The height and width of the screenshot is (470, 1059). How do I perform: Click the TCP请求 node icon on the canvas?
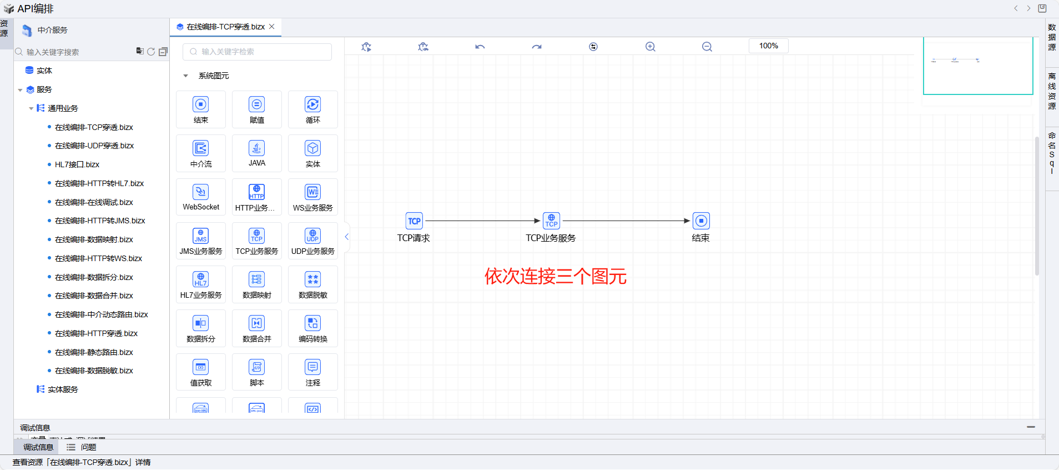point(414,221)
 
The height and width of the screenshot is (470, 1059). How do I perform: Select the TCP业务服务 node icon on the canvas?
point(551,221)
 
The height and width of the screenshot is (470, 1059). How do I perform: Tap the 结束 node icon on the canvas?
point(701,221)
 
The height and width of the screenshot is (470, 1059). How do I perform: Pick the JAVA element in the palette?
point(256,153)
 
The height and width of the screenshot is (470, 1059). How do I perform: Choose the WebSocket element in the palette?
point(201,197)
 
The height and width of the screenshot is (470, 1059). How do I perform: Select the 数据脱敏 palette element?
point(313,284)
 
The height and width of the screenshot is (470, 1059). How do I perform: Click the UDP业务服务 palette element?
point(313,241)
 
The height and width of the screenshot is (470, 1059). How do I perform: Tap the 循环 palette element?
point(313,109)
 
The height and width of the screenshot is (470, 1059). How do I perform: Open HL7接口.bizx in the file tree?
point(77,164)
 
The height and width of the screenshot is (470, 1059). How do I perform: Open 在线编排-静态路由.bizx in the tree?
point(94,352)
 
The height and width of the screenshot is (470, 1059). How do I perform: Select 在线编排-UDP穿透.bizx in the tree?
point(94,146)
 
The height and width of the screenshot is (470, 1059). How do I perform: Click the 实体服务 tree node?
point(63,389)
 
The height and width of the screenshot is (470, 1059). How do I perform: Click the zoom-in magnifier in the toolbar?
point(650,47)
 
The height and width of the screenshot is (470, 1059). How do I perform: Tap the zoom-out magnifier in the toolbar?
point(707,47)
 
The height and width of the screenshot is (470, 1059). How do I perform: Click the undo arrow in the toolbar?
point(480,47)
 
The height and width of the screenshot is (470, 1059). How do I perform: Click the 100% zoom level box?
point(768,46)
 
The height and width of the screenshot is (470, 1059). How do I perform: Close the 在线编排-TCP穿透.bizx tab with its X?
point(272,27)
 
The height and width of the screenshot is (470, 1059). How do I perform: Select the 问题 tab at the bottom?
point(88,447)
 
